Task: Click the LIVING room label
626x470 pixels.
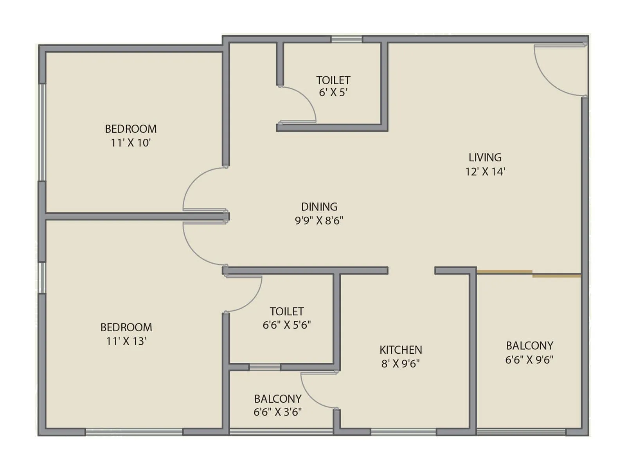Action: coord(485,157)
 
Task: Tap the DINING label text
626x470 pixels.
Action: coord(319,207)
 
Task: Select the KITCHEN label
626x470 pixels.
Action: coord(401,350)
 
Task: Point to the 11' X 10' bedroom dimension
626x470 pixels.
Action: coord(131,143)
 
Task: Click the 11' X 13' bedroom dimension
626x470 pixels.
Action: coord(126,341)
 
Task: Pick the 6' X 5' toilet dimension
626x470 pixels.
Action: coord(333,93)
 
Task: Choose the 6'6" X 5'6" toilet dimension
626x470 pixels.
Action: coord(287,325)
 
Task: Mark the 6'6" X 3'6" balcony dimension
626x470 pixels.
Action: coord(277,412)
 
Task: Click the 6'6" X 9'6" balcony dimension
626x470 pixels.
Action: coord(529,360)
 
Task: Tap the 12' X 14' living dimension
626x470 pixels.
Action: coord(485,172)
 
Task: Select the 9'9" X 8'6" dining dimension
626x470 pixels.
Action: coord(319,221)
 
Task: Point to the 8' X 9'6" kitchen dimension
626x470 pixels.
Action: coord(401,364)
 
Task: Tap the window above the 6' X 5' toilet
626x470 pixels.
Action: coord(346,39)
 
